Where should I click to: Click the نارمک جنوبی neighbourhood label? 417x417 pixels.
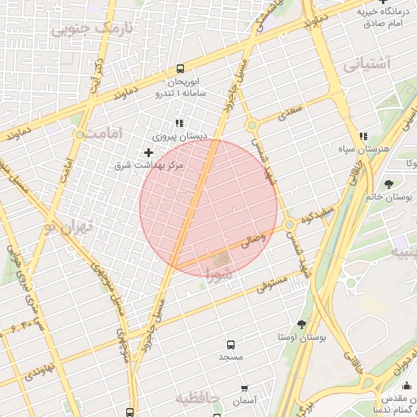(x=90, y=29)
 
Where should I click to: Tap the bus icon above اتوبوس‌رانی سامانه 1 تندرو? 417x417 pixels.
(x=180, y=70)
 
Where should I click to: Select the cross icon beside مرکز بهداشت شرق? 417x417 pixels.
(x=148, y=152)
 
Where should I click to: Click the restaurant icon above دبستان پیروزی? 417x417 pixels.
(x=179, y=123)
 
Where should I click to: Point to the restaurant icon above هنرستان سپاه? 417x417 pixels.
(x=362, y=137)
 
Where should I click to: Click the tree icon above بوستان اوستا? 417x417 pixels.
(x=302, y=324)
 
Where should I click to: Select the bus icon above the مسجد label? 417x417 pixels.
(x=230, y=345)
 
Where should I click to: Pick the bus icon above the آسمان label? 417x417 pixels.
(x=244, y=388)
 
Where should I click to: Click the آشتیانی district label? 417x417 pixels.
(x=367, y=63)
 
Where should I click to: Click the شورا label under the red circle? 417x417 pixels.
(x=220, y=274)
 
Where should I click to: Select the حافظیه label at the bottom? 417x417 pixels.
(x=197, y=398)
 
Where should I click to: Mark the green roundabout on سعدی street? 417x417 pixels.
(x=252, y=125)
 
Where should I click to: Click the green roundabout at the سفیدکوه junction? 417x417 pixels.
(x=289, y=224)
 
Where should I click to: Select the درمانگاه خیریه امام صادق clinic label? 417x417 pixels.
(x=374, y=18)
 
